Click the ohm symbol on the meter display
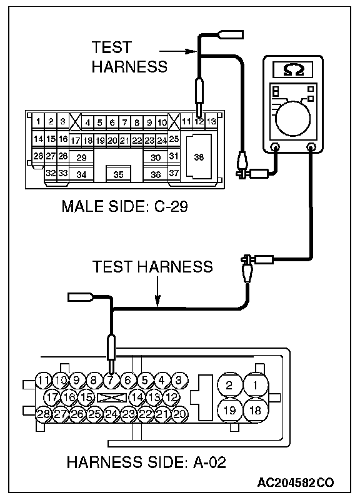(x=293, y=69)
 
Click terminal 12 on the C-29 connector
(x=199, y=121)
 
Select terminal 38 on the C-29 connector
(x=199, y=157)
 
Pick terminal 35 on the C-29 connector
(x=118, y=174)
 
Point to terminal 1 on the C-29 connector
(x=38, y=121)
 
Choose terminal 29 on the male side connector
(x=82, y=157)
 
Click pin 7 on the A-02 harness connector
(x=111, y=381)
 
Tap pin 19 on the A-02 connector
(x=229, y=410)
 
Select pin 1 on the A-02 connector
(x=256, y=385)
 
